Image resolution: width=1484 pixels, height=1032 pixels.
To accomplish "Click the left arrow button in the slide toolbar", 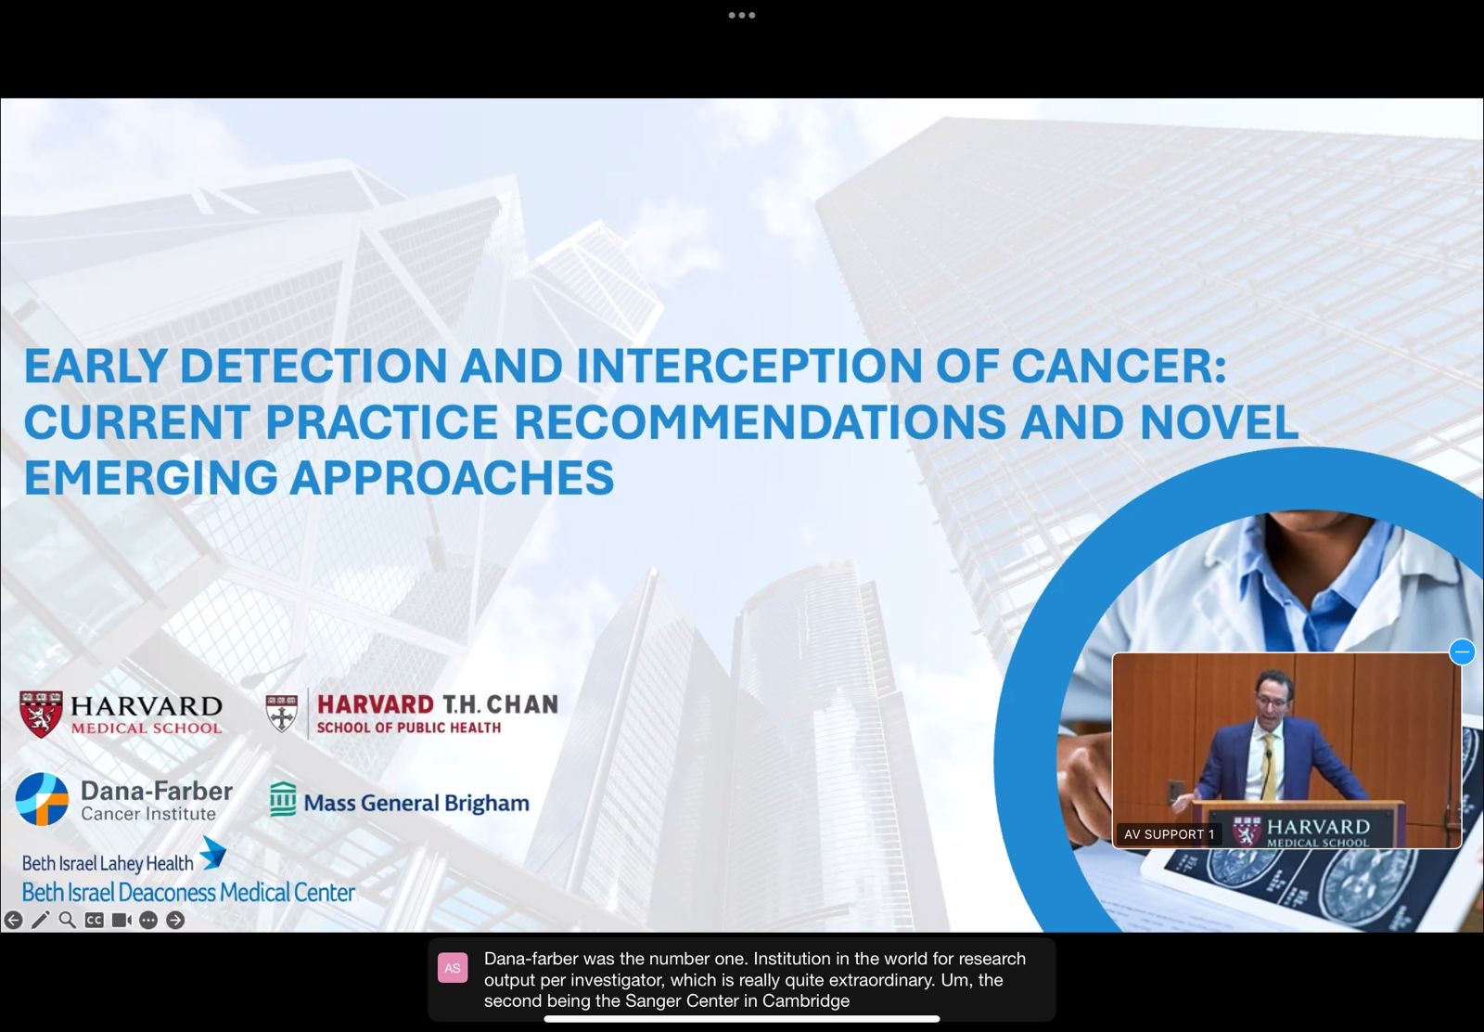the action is point(13,920).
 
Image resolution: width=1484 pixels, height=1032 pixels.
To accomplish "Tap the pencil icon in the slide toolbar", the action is point(41,920).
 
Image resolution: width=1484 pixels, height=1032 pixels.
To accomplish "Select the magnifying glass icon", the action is point(67,920).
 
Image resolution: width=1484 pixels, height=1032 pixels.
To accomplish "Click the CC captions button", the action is point(94,920).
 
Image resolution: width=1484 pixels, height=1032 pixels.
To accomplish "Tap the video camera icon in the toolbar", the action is point(122,920).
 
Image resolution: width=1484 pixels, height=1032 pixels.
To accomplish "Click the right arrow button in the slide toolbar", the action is point(175,920).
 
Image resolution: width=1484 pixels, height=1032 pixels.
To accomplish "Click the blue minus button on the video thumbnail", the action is point(1462,651).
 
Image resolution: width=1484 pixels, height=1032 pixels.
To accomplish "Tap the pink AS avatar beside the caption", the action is point(453,968).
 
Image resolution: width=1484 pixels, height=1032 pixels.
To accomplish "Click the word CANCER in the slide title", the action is point(1119,366).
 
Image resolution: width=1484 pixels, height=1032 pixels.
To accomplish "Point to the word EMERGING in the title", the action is point(151,477).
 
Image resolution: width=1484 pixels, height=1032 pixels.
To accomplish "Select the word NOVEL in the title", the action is point(1219,421).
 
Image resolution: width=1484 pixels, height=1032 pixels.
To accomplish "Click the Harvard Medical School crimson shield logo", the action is point(41,714).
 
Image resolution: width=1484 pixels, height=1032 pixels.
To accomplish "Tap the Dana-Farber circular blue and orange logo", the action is point(42,799).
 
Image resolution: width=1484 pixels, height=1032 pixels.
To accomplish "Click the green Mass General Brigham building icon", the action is point(283,799).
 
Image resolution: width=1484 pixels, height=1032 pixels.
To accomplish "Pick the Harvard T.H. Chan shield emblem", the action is point(282,713).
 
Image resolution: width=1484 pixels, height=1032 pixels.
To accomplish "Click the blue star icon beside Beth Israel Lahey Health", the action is point(212,852).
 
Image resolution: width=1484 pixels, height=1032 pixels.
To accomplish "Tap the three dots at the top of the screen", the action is point(742,15).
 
